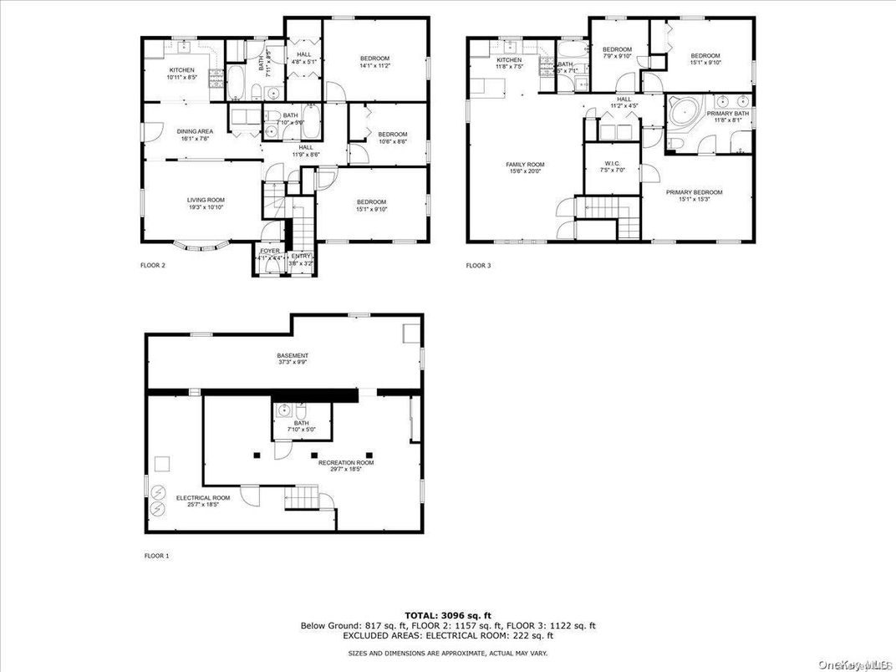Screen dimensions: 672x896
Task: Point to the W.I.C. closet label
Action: coord(612,165)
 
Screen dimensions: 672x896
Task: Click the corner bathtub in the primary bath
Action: coord(685,113)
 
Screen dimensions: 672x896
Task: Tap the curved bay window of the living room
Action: coord(203,246)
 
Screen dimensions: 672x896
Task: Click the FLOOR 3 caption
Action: coord(479,266)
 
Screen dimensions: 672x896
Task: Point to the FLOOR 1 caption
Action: coord(156,556)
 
